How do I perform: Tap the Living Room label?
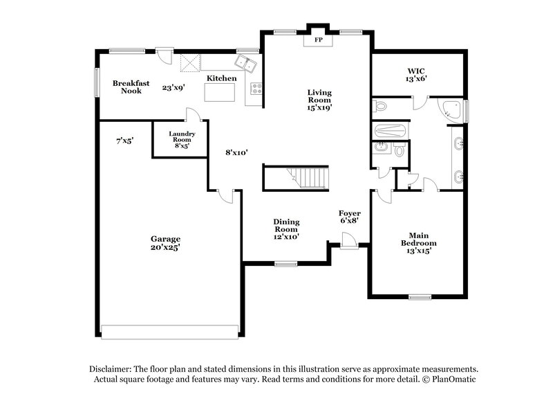(319, 99)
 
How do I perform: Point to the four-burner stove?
(255, 89)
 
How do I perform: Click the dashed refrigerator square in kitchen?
(190, 62)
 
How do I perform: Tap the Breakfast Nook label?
(126, 87)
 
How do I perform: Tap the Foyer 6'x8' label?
(348, 217)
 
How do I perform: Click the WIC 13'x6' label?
(416, 75)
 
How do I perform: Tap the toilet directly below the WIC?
(379, 107)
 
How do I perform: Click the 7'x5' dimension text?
(125, 141)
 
